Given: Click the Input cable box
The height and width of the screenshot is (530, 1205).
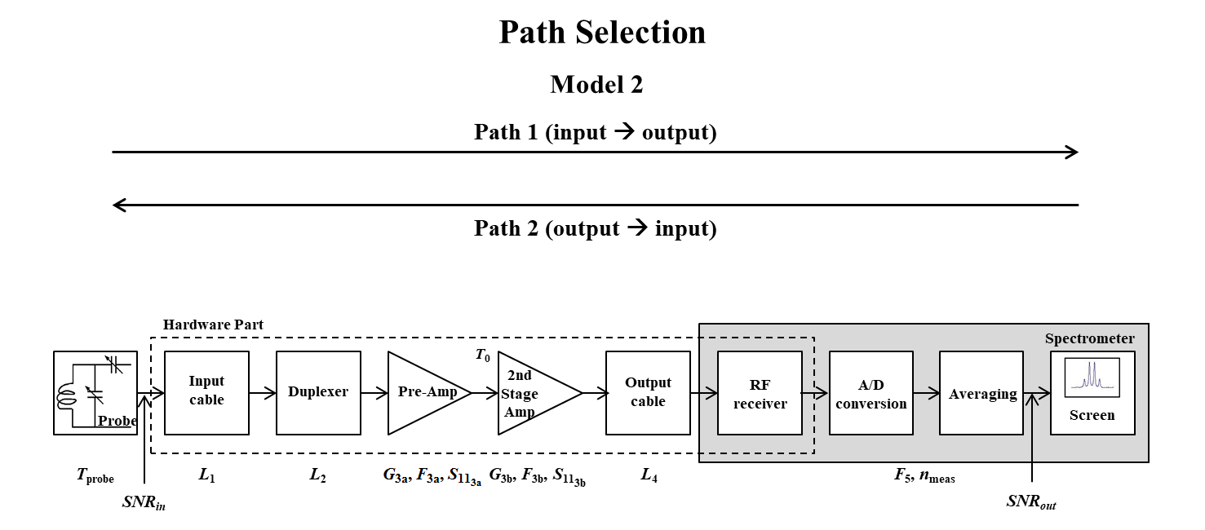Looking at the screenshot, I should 206,393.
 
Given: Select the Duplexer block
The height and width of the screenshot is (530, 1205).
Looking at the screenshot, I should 318,393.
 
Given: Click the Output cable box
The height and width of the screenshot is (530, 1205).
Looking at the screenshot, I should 648,393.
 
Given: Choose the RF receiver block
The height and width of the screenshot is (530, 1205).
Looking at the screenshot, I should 760,393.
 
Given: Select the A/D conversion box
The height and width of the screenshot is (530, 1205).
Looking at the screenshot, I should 871,393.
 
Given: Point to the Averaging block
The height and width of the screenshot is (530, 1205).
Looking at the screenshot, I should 981,393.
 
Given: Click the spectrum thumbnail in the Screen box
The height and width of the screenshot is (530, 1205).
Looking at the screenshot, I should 1092,378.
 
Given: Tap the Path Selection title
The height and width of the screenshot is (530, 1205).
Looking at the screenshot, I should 602,33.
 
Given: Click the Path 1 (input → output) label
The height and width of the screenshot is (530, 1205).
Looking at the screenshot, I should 595,132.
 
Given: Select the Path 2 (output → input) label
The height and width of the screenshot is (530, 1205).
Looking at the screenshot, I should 595,228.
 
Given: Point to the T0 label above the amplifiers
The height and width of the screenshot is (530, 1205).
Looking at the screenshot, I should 482,356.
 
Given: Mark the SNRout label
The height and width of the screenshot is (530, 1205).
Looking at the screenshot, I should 1031,502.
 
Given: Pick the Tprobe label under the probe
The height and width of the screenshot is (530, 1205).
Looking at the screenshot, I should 95,476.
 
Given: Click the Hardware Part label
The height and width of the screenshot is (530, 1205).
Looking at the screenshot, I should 213,325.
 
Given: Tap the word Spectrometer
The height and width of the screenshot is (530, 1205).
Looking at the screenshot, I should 1089,338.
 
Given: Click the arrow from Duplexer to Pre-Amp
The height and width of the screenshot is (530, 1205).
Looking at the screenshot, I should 374,393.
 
